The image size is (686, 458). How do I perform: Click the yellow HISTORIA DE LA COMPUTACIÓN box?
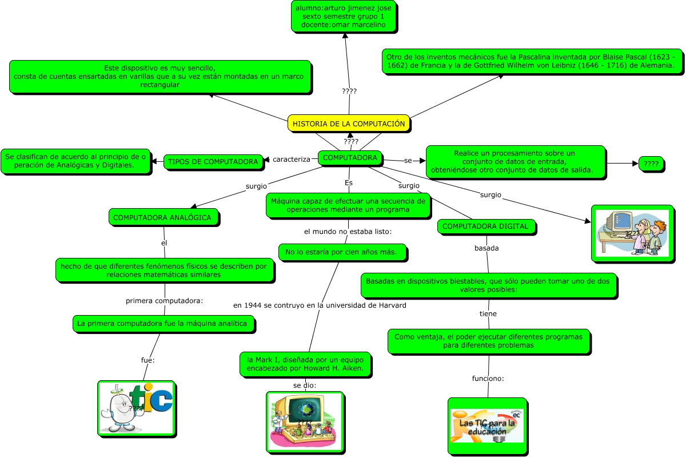[349, 124]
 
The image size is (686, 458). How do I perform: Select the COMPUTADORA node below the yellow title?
[350, 158]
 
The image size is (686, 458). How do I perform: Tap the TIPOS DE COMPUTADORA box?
[213, 162]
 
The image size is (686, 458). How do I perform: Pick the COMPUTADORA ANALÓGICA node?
[162, 217]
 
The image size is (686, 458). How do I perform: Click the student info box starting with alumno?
[344, 16]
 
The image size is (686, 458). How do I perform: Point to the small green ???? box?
[651, 164]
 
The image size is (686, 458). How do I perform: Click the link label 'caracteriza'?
[292, 159]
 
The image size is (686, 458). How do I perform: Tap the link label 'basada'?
[486, 248]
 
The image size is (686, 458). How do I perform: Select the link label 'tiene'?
[488, 313]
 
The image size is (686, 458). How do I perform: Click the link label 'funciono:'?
[488, 379]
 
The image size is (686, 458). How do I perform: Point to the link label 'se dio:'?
[305, 385]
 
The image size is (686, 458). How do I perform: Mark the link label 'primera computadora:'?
[165, 301]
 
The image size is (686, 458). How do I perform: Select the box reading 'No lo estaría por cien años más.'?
[345, 252]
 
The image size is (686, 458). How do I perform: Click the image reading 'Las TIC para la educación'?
[487, 427]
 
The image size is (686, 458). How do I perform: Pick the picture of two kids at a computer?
[632, 233]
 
